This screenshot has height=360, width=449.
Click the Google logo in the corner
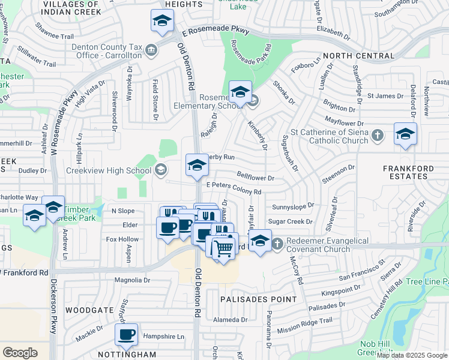pos(20,353)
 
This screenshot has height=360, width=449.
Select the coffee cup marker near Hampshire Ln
pos(126,335)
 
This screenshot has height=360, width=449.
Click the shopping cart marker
pos(224,247)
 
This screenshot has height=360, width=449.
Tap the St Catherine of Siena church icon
pos(377,136)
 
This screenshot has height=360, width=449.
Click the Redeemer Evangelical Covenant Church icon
pos(277,244)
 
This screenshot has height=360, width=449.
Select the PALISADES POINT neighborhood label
pos(258,299)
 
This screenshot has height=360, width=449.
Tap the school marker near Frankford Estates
pos(405,134)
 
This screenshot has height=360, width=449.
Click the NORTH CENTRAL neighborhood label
pos(358,56)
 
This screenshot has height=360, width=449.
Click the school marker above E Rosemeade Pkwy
pos(161,22)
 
